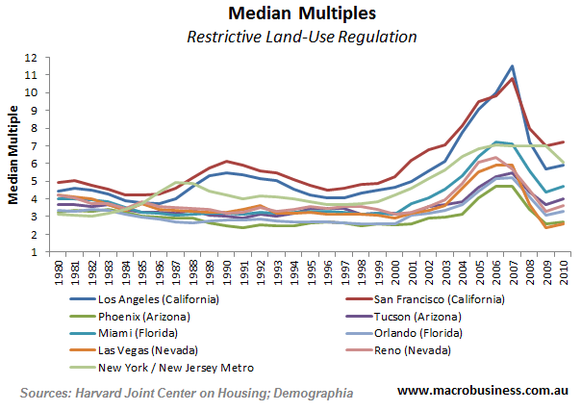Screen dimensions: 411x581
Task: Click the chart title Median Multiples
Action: [290, 14]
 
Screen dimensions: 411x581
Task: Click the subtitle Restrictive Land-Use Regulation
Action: [290, 39]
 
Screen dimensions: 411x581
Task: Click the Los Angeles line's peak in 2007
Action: [512, 66]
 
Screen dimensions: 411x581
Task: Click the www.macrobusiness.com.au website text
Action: [478, 391]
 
